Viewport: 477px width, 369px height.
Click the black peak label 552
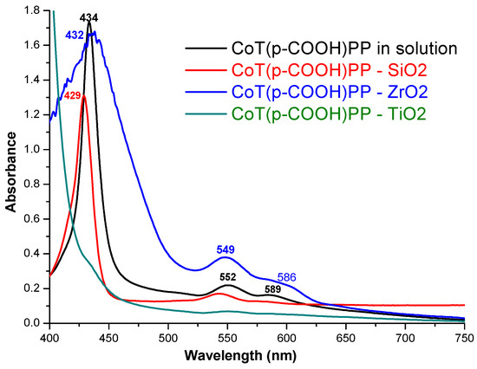pos(227,276)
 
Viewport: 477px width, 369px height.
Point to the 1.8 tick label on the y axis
pos(33,10)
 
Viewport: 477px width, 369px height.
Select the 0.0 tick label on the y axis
pos(33,323)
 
